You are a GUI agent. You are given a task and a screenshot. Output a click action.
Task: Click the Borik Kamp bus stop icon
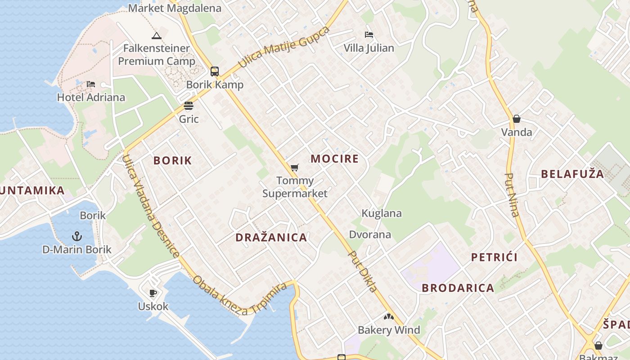tap(215, 71)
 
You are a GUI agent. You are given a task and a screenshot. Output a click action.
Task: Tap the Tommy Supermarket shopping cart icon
tap(294, 168)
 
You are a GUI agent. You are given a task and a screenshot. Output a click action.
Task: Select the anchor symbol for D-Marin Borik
tap(77, 236)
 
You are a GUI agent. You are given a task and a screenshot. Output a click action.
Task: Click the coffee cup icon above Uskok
tap(153, 293)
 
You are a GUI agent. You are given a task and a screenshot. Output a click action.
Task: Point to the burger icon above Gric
tap(189, 106)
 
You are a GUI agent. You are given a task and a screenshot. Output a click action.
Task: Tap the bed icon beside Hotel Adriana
tap(91, 84)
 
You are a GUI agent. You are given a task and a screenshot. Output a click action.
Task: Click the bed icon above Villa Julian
tap(369, 35)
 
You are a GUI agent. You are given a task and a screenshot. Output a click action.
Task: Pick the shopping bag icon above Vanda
tap(517, 119)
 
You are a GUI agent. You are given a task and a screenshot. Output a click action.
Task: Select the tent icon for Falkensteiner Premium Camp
tap(157, 36)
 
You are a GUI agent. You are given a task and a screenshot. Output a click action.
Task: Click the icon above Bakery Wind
tap(389, 317)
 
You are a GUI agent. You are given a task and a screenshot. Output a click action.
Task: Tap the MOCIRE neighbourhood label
tap(335, 158)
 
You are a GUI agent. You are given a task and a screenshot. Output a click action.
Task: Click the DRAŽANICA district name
tap(271, 237)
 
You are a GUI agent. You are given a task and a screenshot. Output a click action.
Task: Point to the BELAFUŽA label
tap(572, 174)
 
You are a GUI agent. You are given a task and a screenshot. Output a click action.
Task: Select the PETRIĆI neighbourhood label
tap(494, 257)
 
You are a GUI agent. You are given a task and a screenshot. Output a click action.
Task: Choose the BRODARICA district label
tap(458, 288)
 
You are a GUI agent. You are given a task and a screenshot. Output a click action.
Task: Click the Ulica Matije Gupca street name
tap(284, 47)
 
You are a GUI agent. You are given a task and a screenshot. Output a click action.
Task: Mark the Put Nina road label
tap(512, 195)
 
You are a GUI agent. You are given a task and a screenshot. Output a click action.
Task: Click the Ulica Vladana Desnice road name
tap(151, 207)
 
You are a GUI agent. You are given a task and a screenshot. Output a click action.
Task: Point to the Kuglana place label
tap(382, 213)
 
